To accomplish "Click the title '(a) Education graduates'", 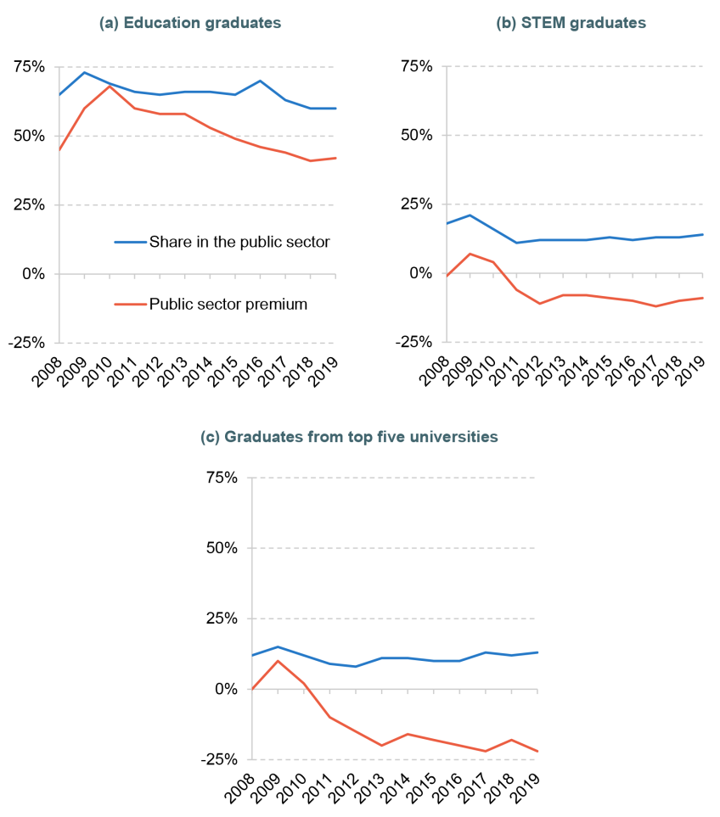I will pyautogui.click(x=190, y=24).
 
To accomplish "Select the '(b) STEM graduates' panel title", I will pyautogui.click(x=571, y=24).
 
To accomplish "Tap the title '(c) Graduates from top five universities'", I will pyautogui.click(x=349, y=437).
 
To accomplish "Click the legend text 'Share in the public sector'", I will pyautogui.click(x=239, y=242).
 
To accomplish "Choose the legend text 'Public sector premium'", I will pyautogui.click(x=228, y=304).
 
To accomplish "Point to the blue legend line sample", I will pyautogui.click(x=130, y=242).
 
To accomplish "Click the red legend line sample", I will pyautogui.click(x=130, y=304).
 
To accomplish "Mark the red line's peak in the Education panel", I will pyautogui.click(x=109, y=86).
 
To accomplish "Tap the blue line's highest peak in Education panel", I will pyautogui.click(x=83, y=72).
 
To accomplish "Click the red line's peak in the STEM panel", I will pyautogui.click(x=470, y=254).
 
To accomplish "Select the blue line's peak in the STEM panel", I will pyautogui.click(x=470, y=215).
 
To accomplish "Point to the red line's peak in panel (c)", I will pyautogui.click(x=278, y=660).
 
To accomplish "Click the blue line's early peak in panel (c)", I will pyautogui.click(x=278, y=646).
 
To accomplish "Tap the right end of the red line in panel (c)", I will pyautogui.click(x=537, y=752).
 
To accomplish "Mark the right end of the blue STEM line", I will pyautogui.click(x=703, y=234).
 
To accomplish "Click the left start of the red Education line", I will pyautogui.click(x=59, y=150).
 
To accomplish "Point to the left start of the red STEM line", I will pyautogui.click(x=447, y=275).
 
